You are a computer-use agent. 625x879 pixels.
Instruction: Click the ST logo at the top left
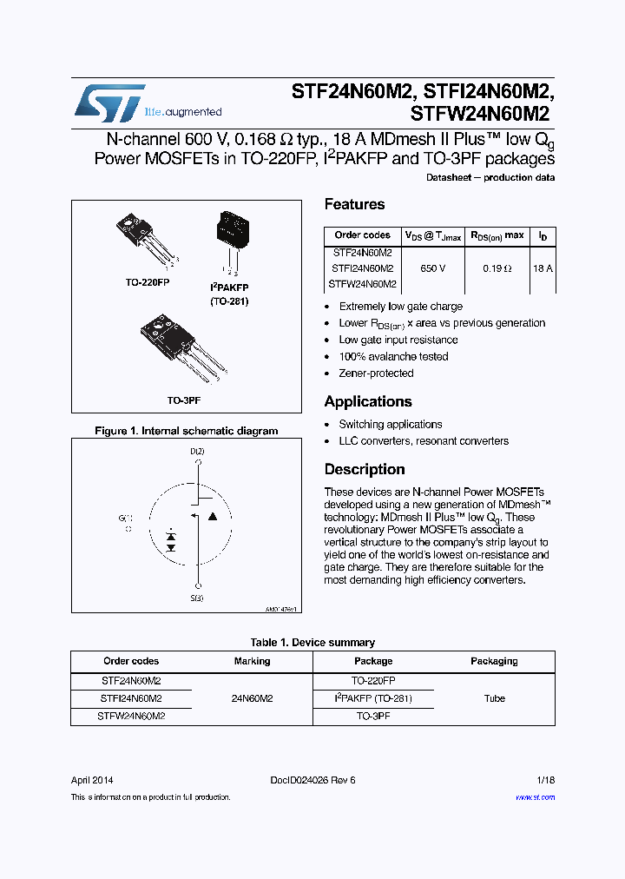(109, 103)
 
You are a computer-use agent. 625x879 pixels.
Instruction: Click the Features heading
(354, 205)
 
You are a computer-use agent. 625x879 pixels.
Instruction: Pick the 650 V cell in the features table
(432, 268)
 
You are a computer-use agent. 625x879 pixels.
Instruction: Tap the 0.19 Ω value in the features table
(497, 268)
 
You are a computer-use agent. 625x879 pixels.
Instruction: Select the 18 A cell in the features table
(543, 268)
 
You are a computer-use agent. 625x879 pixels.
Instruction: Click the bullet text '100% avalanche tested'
(393, 357)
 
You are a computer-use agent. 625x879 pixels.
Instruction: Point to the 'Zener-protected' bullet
(376, 373)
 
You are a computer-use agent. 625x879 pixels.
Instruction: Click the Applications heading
(368, 402)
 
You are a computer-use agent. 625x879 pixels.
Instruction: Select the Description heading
(365, 470)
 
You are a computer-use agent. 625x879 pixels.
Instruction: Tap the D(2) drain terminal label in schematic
(198, 452)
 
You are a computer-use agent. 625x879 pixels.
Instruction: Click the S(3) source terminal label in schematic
(198, 598)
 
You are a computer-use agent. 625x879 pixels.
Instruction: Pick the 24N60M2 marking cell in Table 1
(253, 698)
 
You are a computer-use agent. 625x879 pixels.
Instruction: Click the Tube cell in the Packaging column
(494, 698)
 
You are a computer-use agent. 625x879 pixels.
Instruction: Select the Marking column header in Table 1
(253, 661)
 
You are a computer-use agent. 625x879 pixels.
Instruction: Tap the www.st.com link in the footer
(535, 797)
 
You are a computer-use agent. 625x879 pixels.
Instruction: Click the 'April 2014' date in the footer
(92, 780)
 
